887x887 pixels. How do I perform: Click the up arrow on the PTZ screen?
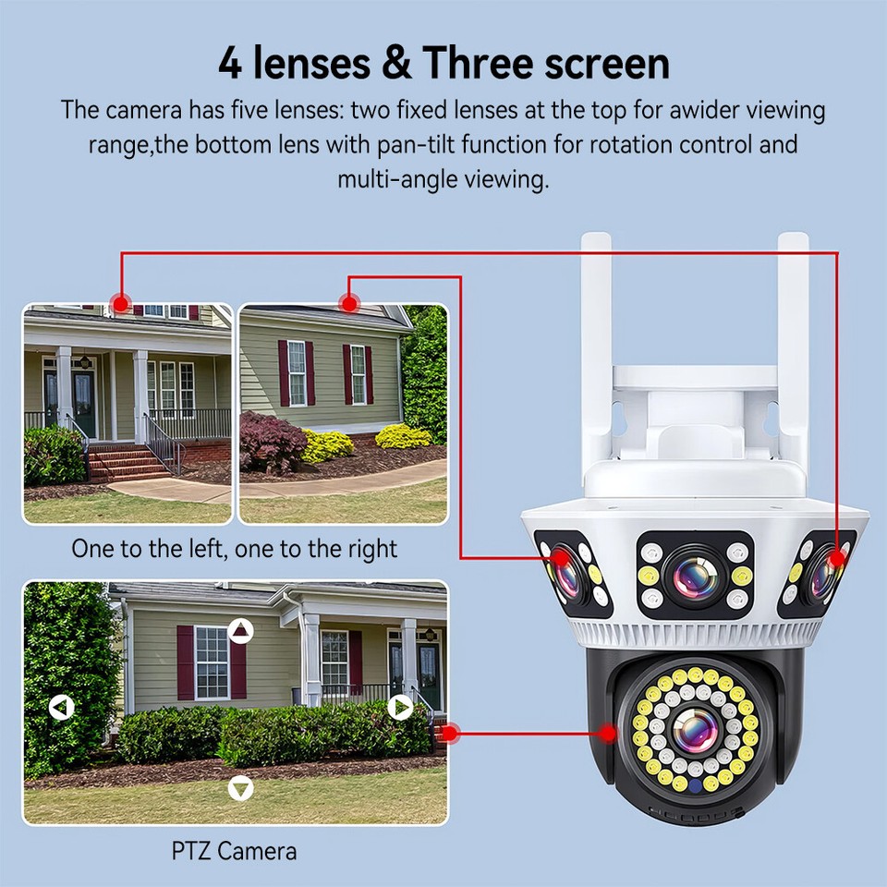pyautogui.click(x=241, y=631)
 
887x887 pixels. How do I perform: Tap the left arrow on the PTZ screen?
pyautogui.click(x=61, y=709)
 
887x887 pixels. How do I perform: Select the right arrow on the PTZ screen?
pyautogui.click(x=399, y=708)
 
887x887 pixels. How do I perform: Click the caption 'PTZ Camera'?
pyautogui.click(x=235, y=850)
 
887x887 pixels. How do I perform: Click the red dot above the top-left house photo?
pyautogui.click(x=119, y=302)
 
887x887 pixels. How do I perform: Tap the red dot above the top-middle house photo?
pyautogui.click(x=348, y=302)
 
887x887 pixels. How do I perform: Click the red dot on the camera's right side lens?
pyautogui.click(x=836, y=558)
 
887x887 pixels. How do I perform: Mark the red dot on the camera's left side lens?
pyautogui.click(x=558, y=558)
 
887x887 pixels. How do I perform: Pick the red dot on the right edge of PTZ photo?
pyautogui.click(x=449, y=734)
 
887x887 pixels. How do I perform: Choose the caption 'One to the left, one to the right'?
pyautogui.click(x=235, y=549)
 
